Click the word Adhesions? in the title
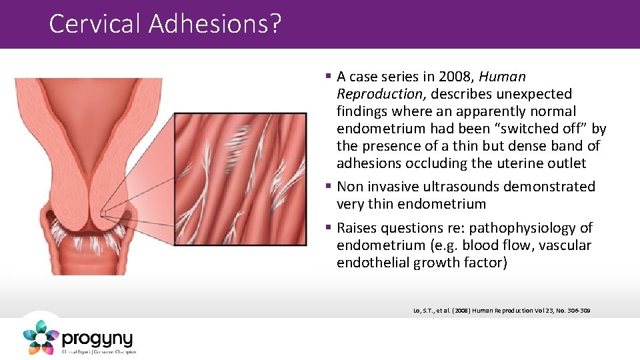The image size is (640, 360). pos(215,24)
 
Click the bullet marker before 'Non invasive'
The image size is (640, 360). pos(329,187)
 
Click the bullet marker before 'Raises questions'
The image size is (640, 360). pos(329,228)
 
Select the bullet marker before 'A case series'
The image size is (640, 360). pos(329,77)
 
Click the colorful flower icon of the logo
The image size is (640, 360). pos(40,337)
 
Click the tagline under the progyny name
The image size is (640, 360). pos(99,351)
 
